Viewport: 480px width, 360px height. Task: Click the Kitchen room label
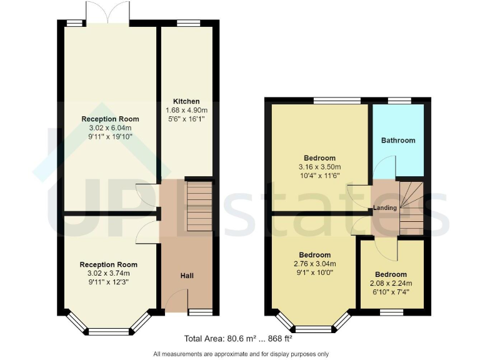tap(186, 101)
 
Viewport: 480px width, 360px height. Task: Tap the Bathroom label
tap(398, 141)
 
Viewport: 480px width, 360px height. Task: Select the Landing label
tap(386, 207)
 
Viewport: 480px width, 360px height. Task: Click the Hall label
tap(187, 276)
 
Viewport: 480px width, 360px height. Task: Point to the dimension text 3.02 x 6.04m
tap(110, 128)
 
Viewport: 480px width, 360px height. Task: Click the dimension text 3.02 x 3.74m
tap(108, 273)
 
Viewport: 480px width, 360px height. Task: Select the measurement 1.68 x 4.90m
tap(187, 110)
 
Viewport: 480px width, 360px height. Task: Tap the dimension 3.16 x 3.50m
tap(319, 167)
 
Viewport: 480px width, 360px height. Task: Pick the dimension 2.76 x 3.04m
tap(314, 264)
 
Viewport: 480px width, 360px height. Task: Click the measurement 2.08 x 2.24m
tap(391, 283)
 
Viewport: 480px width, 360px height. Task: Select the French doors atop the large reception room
tap(109, 12)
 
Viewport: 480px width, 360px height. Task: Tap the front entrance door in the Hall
tap(176, 301)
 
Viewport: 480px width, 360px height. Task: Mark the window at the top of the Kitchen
tap(186, 23)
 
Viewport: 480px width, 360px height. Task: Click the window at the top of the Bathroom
tap(398, 100)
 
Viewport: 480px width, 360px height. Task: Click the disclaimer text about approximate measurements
tap(241, 354)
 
